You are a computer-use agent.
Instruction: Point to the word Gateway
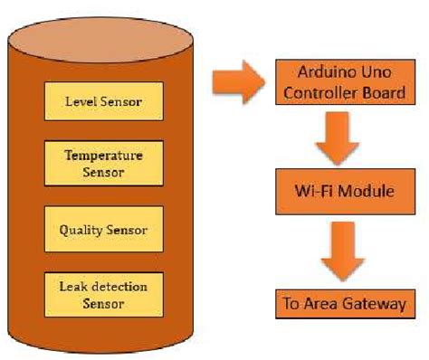(x=371, y=304)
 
